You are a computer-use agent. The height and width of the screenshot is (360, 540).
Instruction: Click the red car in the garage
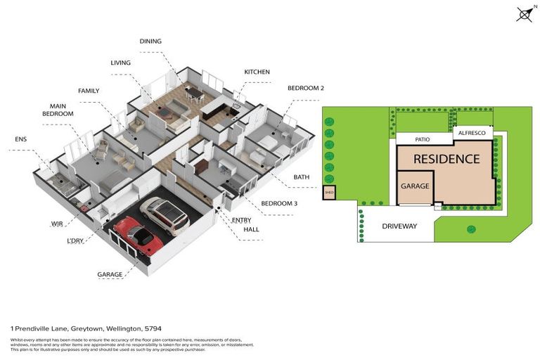tap(139, 236)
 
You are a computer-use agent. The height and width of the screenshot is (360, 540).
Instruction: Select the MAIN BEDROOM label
tap(58, 109)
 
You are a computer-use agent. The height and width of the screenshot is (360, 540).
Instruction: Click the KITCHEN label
tap(257, 72)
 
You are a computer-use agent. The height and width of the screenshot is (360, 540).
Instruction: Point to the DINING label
tap(150, 41)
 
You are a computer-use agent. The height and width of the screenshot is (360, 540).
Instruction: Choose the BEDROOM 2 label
tap(305, 88)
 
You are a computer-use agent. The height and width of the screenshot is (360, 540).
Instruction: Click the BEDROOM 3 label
tap(279, 203)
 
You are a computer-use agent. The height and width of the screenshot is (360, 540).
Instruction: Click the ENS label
tap(20, 139)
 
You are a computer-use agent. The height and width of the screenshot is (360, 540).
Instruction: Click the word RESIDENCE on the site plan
tap(446, 159)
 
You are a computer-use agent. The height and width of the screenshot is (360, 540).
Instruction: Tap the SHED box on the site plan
tap(329, 193)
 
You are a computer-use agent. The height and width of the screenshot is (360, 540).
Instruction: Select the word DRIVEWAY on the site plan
tap(399, 226)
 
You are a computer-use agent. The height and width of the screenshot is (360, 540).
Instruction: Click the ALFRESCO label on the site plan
tap(472, 133)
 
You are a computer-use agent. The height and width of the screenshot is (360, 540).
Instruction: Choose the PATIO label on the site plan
tap(422, 140)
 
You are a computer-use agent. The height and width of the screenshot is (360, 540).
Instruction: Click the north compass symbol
tap(525, 14)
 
